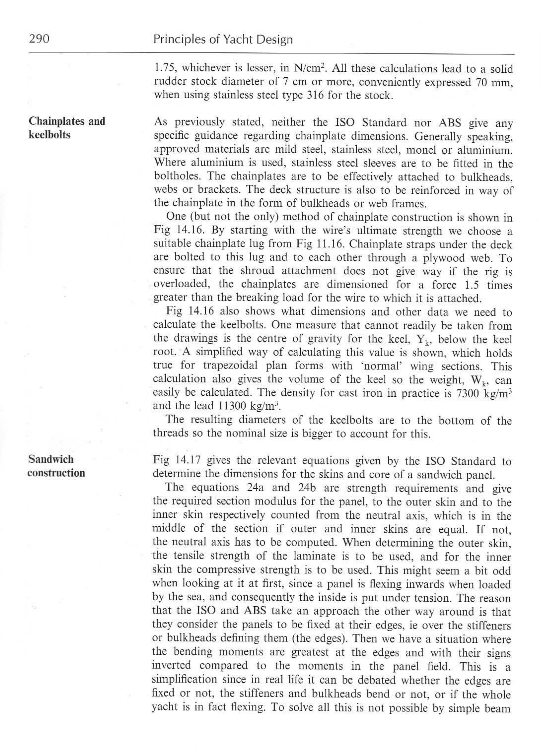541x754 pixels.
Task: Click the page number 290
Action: [x=39, y=39]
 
